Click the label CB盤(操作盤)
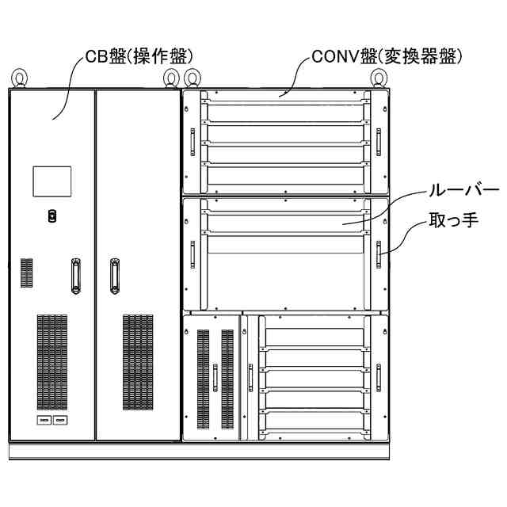[139, 56]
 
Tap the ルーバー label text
[463, 191]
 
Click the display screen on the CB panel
[51, 181]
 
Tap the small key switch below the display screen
[51, 215]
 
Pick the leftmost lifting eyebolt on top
[18, 78]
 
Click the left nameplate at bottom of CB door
[44, 420]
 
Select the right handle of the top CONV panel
[378, 141]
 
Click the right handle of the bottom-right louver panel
[378, 376]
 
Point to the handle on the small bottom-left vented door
[215, 376]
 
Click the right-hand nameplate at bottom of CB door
[60, 420]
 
